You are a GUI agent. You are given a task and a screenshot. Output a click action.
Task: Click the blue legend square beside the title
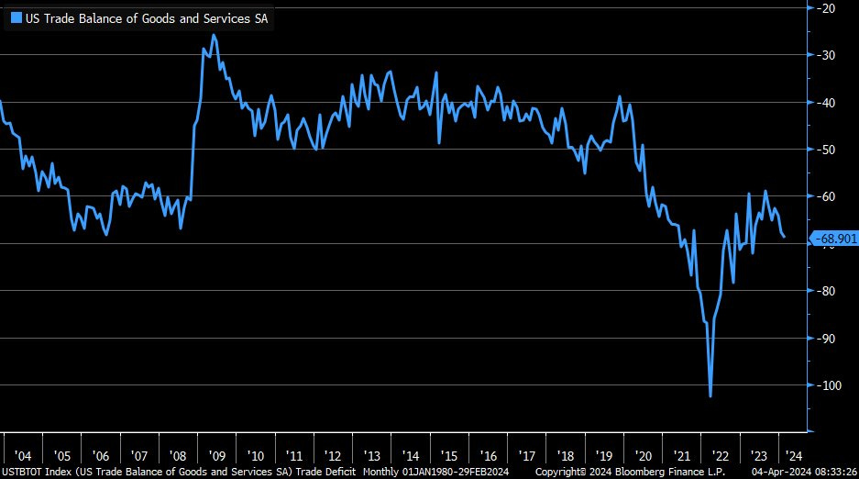pyautogui.click(x=16, y=17)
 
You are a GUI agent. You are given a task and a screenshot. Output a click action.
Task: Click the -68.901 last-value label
pyautogui.click(x=835, y=239)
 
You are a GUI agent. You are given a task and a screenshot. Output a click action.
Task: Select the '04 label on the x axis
pyautogui.click(x=23, y=455)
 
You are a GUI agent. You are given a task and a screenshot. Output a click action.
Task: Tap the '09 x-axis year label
pyautogui.click(x=216, y=455)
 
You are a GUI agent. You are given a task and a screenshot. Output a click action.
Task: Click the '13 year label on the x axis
pyautogui.click(x=371, y=455)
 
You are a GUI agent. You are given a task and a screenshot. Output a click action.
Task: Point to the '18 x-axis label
pyautogui.click(x=566, y=455)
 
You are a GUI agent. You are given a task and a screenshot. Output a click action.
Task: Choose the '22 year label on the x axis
pyautogui.click(x=721, y=455)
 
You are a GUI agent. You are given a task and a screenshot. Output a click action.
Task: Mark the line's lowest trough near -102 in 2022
pyautogui.click(x=710, y=396)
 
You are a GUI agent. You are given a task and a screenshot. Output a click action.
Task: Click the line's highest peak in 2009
pyautogui.click(x=214, y=35)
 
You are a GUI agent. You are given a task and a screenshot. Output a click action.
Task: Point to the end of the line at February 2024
pyautogui.click(x=784, y=237)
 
